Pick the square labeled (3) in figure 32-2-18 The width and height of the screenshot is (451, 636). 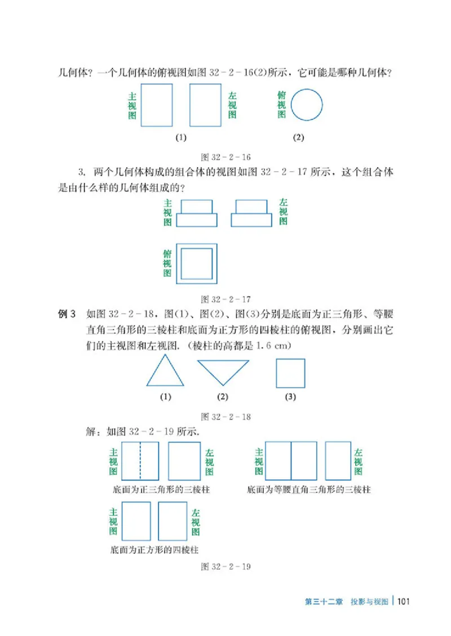(x=290, y=373)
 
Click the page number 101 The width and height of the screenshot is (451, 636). (x=404, y=601)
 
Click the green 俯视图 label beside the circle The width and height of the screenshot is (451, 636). (x=282, y=105)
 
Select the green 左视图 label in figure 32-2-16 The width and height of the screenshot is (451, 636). (x=232, y=105)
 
